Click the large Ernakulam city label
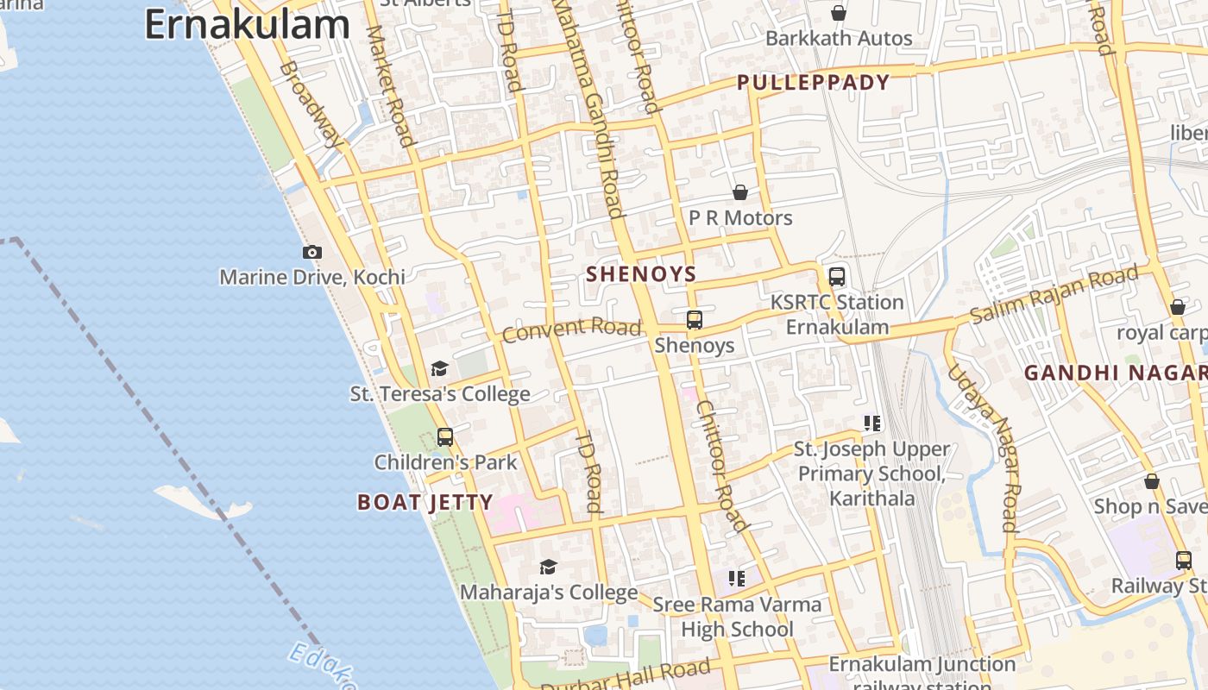click(x=248, y=25)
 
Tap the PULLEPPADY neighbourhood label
click(x=813, y=83)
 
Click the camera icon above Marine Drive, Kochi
click(x=312, y=253)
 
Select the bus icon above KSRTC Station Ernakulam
click(x=837, y=277)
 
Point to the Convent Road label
click(x=572, y=329)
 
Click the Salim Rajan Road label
click(x=1054, y=296)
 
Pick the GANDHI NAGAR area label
click(x=1115, y=373)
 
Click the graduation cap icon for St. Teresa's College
click(x=440, y=369)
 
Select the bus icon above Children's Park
click(x=445, y=437)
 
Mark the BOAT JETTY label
click(x=425, y=502)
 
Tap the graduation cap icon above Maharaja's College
click(x=548, y=567)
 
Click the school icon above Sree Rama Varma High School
click(x=736, y=579)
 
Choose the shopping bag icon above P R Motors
click(x=740, y=192)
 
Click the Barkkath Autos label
click(x=839, y=39)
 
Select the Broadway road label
click(x=311, y=103)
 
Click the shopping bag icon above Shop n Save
click(x=1151, y=481)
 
